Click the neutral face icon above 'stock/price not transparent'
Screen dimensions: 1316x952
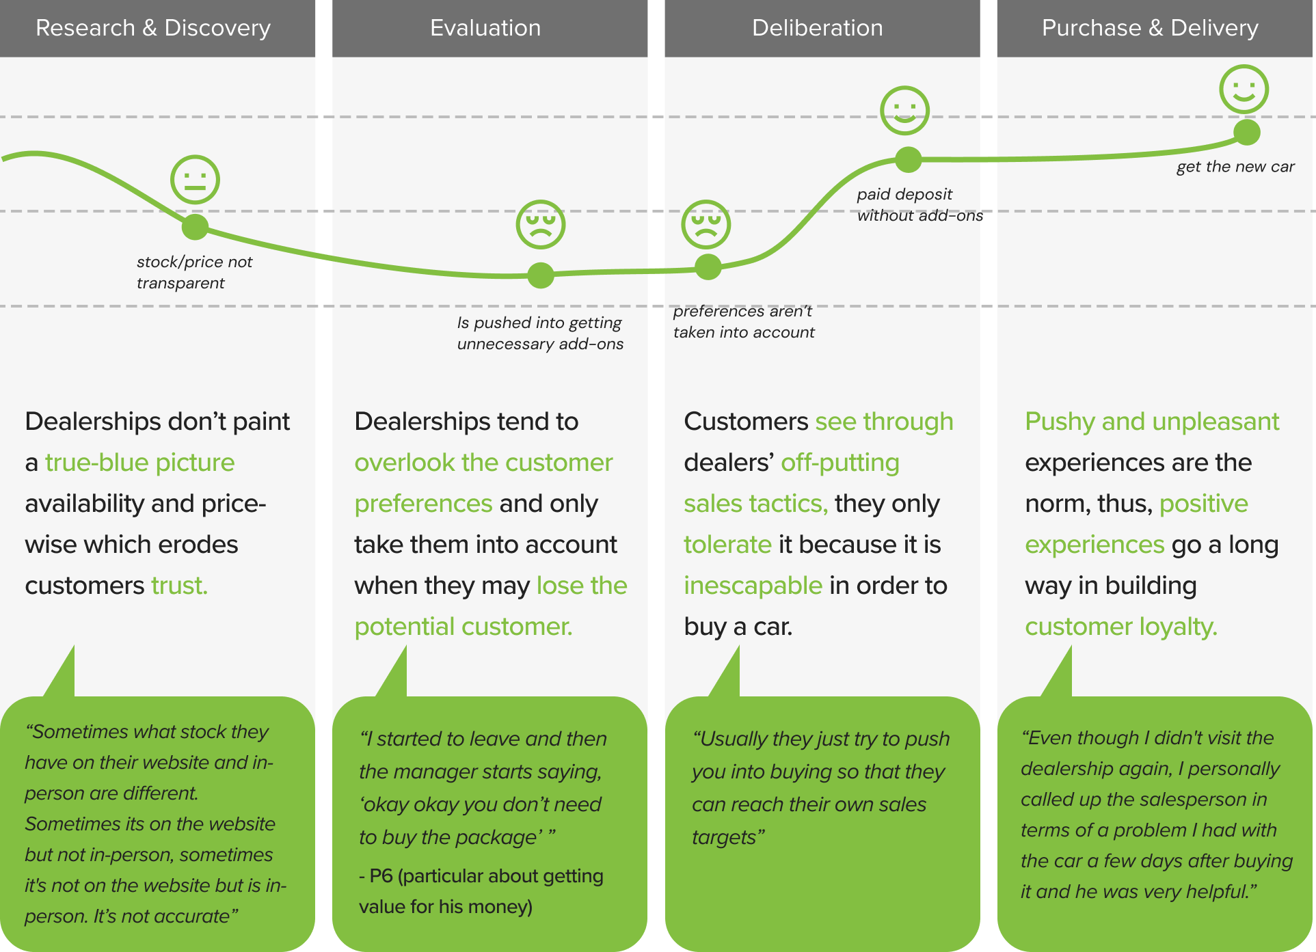pyautogui.click(x=195, y=180)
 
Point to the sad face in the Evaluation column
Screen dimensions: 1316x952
pyautogui.click(x=541, y=224)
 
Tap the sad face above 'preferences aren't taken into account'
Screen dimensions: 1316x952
pyautogui.click(x=706, y=224)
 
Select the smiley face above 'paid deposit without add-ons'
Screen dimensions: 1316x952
pyautogui.click(x=905, y=110)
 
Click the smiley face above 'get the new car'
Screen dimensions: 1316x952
pyautogui.click(x=1244, y=89)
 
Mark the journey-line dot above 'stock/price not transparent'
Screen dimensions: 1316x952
pyautogui.click(x=195, y=227)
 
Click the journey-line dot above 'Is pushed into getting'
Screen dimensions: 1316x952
pyautogui.click(x=541, y=275)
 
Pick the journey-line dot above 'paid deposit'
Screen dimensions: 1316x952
pyautogui.click(x=909, y=159)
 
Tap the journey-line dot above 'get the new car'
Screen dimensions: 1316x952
pyautogui.click(x=1247, y=132)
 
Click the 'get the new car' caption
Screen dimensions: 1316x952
pyautogui.click(x=1235, y=167)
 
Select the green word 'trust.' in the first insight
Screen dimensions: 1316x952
pyautogui.click(x=179, y=586)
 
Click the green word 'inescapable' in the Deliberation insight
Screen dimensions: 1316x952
pyautogui.click(x=753, y=586)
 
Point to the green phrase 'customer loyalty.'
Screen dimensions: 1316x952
pyautogui.click(x=1121, y=627)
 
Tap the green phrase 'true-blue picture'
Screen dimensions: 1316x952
pyautogui.click(x=139, y=463)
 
